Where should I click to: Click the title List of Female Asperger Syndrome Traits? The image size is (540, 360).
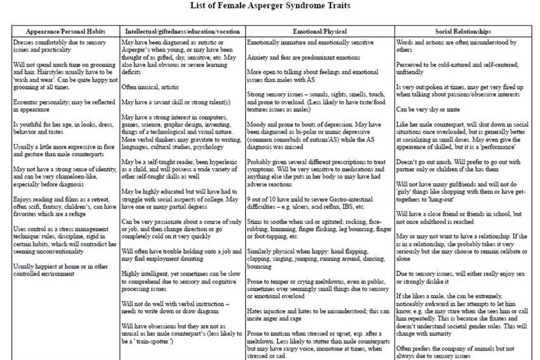(x=269, y=7)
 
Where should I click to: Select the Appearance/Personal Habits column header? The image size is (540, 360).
(x=65, y=31)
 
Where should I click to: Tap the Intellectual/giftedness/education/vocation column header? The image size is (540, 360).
(x=181, y=31)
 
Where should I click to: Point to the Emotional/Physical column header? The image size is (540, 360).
(x=319, y=31)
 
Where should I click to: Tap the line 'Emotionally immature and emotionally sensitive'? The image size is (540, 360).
(x=311, y=42)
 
